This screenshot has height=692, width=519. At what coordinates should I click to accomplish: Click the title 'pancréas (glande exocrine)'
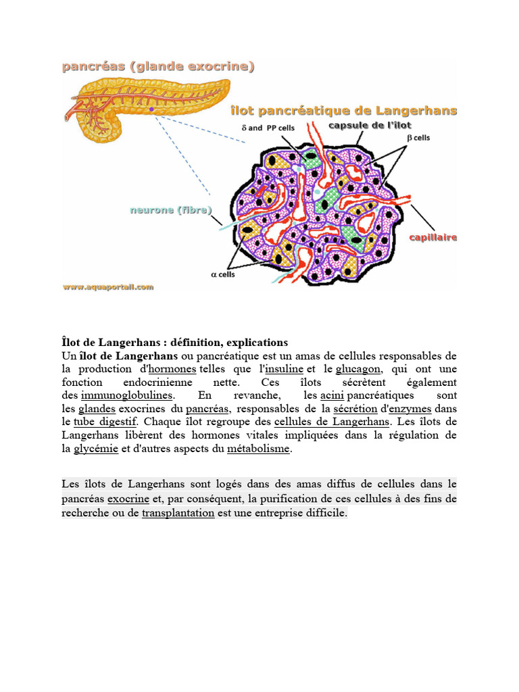click(158, 66)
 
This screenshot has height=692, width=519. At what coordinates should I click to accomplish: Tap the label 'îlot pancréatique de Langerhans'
click(343, 111)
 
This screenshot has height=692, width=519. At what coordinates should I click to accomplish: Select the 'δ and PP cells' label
click(268, 128)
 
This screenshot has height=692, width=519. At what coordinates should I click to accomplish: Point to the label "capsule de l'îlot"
click(370, 125)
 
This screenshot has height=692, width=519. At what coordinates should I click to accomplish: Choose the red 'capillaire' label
click(433, 237)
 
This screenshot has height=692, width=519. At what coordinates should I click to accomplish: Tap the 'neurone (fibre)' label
click(170, 210)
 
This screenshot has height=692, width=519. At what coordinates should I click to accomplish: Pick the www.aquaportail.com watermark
click(108, 287)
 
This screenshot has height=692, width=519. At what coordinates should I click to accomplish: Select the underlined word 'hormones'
click(172, 369)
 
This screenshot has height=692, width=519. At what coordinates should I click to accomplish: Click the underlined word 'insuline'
click(284, 369)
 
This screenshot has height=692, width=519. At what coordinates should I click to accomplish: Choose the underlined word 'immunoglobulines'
click(127, 395)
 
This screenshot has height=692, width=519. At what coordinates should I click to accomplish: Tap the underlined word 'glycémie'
click(95, 449)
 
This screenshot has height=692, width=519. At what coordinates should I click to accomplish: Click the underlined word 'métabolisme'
click(258, 449)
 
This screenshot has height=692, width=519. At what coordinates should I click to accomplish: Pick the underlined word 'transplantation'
click(178, 514)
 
